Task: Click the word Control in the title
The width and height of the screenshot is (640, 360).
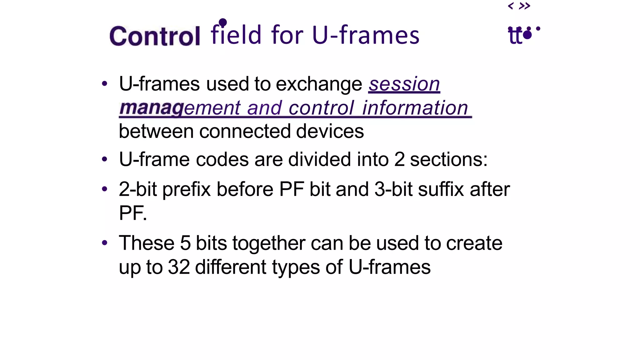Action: point(155,36)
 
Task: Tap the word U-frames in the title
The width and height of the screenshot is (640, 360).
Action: point(366,35)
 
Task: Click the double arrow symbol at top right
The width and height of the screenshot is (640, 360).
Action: point(524,6)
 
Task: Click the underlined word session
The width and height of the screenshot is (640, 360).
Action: point(404,84)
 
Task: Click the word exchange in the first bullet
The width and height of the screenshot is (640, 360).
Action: point(319,84)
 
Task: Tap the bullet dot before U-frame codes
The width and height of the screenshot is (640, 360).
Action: point(105,159)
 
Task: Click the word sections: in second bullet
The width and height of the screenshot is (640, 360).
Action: point(448,159)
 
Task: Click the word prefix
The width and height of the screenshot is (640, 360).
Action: point(187,189)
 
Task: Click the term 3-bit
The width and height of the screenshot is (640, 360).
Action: point(393,189)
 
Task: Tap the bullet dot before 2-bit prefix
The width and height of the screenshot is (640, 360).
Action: point(105,189)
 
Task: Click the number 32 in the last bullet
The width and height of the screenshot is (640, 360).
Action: point(179,267)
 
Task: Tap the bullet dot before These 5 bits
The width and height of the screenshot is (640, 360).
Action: point(105,242)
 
